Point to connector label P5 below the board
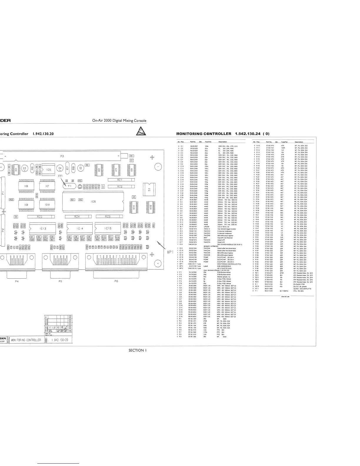(x=60, y=281)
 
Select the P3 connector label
(x=62, y=156)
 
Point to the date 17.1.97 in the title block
(x=52, y=327)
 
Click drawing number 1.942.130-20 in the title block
(x=60, y=340)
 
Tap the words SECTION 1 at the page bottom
(x=137, y=350)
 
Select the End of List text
(x=285, y=297)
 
